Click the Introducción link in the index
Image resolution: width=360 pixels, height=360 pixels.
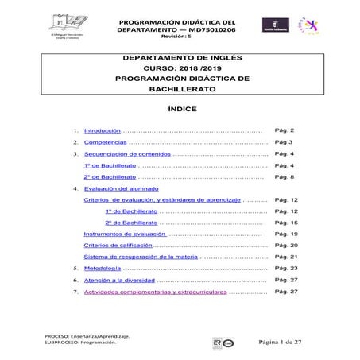[102, 130]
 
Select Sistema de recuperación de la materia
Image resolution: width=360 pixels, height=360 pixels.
[140, 257]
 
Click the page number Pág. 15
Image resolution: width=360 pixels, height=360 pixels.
[285, 223]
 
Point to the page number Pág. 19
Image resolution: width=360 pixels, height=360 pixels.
[285, 234]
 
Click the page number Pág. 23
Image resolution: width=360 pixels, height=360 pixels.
[285, 269]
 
